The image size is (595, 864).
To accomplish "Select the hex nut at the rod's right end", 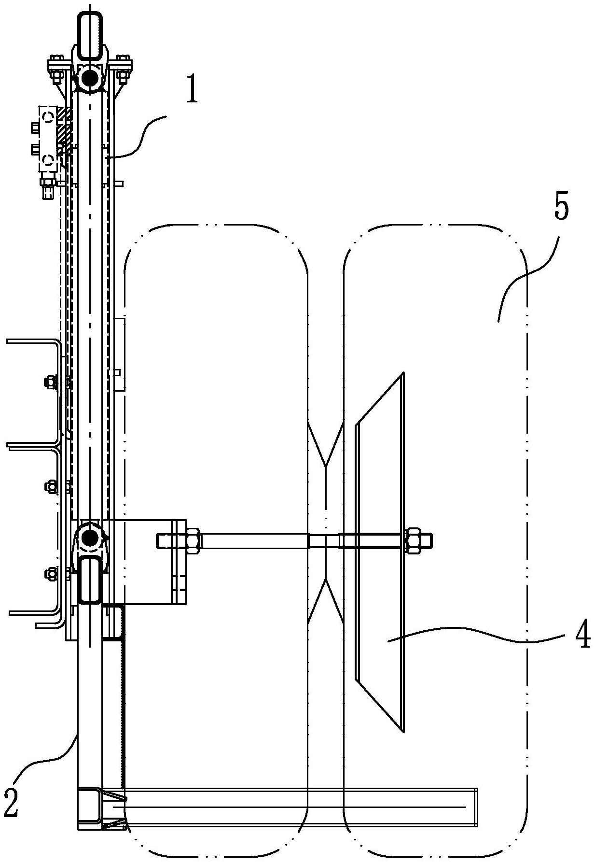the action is point(414,540).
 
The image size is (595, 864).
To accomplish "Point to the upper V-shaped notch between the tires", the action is point(326,444).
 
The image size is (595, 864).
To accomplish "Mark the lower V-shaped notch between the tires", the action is point(326,599).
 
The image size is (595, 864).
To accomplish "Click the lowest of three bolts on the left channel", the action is point(50,573).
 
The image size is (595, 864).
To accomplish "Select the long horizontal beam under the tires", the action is point(299,807).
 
